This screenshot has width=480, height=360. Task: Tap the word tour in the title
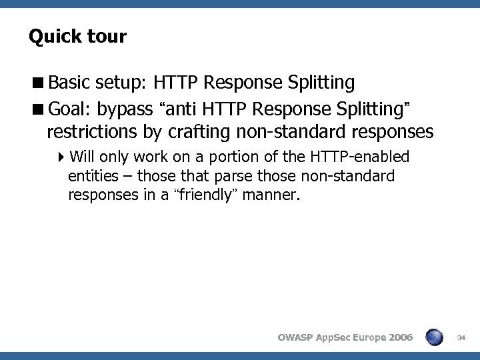107,36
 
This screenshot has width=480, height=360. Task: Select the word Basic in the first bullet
69,83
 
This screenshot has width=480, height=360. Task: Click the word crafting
196,132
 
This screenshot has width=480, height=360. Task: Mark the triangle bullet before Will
61,157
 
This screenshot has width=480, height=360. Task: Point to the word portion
231,157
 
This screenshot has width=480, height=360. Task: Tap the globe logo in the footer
434,337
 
